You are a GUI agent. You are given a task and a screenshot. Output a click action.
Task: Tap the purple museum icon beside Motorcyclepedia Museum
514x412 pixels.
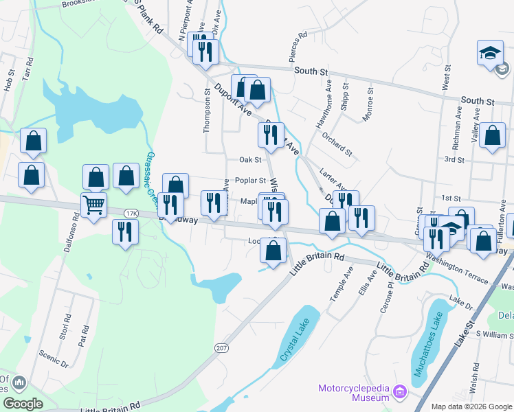click(x=400, y=393)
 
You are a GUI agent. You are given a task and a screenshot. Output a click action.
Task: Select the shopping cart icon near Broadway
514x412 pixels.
click(x=93, y=204)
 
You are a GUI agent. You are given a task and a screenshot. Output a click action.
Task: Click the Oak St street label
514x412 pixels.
click(x=250, y=160)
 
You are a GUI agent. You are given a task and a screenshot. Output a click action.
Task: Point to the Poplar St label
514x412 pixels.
click(x=250, y=181)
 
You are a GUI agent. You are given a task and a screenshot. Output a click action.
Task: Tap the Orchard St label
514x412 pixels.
click(x=337, y=142)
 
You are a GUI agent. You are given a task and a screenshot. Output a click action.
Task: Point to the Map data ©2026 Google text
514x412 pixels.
click(x=471, y=407)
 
